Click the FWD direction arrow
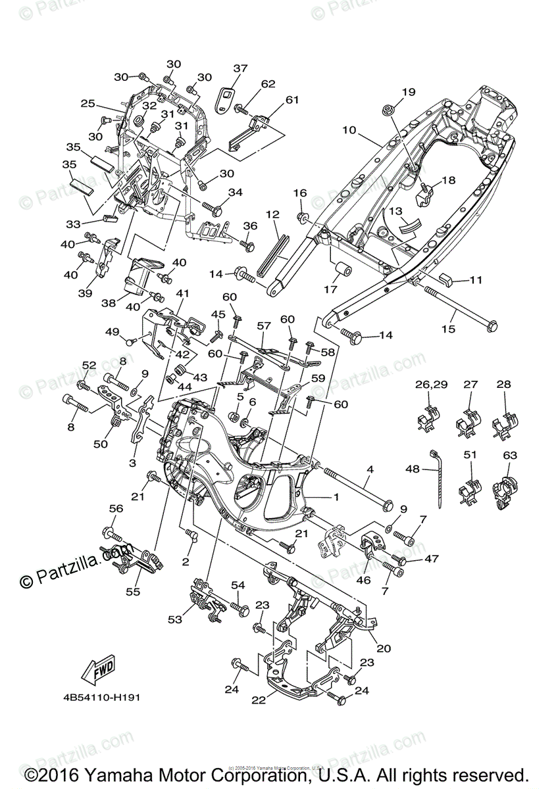point(96,671)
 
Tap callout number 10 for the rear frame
point(349,130)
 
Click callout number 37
point(240,68)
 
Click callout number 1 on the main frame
point(336,498)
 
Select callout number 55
point(134,592)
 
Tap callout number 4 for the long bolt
point(370,469)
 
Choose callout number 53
point(176,620)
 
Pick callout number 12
point(272,214)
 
